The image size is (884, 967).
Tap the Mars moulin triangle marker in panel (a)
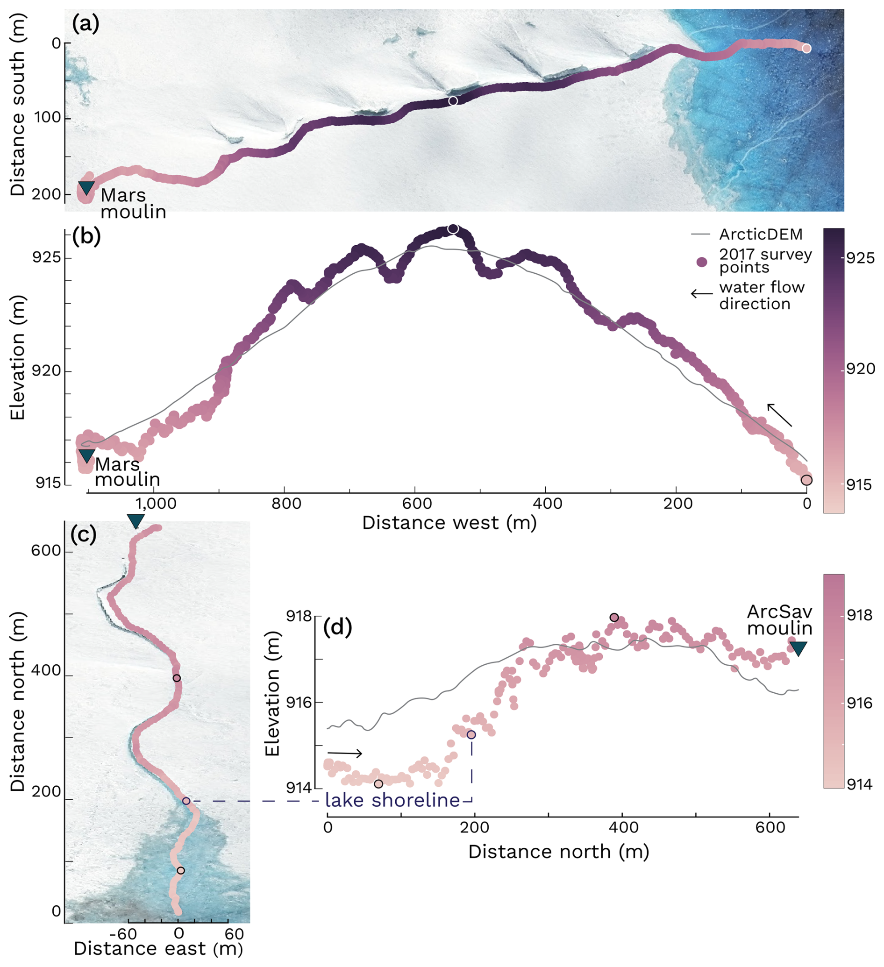[x=86, y=187]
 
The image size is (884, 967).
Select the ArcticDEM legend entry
[x=760, y=235]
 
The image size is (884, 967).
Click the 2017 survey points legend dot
[x=701, y=262]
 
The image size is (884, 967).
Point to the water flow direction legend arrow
[x=701, y=294]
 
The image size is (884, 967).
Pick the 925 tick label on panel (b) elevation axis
[x=47, y=257]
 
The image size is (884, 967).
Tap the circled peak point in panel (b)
[x=453, y=229]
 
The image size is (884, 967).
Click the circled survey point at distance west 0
[x=806, y=480]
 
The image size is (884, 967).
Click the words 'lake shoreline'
[x=392, y=800]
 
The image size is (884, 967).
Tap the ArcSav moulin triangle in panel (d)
[x=798, y=648]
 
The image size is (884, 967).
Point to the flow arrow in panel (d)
[x=344, y=753]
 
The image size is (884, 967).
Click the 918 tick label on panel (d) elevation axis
[x=298, y=616]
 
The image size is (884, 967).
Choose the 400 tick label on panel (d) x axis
[x=622, y=827]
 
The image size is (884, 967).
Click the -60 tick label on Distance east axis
[x=123, y=934]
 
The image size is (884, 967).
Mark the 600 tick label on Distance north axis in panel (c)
[x=46, y=551]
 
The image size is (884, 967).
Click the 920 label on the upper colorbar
[x=861, y=369]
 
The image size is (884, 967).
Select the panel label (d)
[x=338, y=627]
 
